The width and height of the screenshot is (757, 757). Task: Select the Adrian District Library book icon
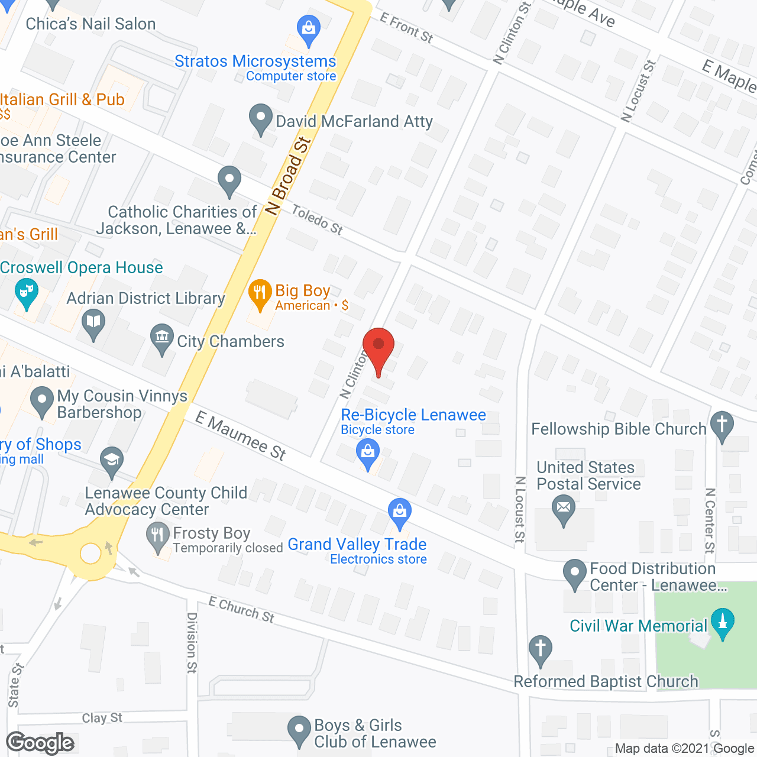(93, 323)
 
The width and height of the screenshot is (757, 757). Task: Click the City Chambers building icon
(161, 339)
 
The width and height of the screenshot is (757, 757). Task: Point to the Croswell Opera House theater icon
(25, 293)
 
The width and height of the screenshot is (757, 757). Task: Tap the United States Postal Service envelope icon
(563, 509)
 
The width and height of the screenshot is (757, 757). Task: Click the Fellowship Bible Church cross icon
(722, 425)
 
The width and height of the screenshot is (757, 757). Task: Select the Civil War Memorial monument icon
(722, 623)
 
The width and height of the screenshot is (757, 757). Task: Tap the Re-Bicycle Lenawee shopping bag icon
(368, 454)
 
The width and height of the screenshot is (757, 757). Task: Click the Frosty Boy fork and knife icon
(157, 537)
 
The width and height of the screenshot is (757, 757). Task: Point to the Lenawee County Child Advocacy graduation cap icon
(111, 461)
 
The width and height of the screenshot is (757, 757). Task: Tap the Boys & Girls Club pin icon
(299, 729)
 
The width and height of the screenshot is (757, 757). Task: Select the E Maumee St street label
(241, 436)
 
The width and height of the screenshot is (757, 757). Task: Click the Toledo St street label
(317, 219)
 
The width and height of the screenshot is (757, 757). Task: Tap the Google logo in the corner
(40, 743)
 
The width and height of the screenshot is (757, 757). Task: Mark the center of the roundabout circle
(91, 554)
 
